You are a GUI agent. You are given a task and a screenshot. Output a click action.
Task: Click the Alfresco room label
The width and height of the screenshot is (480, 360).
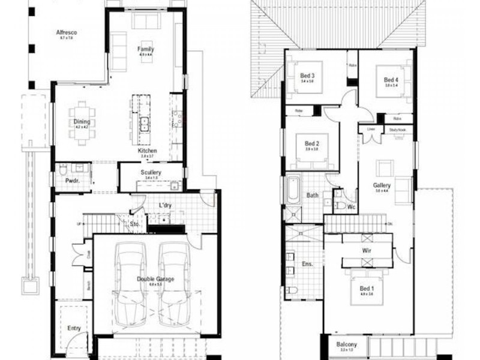pos(66,32)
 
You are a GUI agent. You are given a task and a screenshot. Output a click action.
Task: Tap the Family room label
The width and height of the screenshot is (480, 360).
pos(146,49)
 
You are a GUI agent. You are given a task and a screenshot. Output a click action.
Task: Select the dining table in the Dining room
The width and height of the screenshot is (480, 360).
pos(81,124)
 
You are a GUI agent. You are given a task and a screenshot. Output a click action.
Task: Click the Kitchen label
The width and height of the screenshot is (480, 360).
pos(148,151)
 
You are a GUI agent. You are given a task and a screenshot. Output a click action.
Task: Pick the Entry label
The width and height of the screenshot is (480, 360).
pos(74,328)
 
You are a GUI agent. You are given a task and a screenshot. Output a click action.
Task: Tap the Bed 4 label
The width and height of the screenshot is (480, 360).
pos(391,80)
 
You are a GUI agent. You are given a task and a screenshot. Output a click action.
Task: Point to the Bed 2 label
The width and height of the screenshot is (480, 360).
pos(311,144)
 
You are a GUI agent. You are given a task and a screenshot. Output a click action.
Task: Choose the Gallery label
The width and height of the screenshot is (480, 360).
pos(382,186)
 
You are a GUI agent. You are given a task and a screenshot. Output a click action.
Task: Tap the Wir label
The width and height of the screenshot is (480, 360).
pos(368,250)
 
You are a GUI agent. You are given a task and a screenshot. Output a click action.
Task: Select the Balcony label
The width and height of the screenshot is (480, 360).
pos(346,344)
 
